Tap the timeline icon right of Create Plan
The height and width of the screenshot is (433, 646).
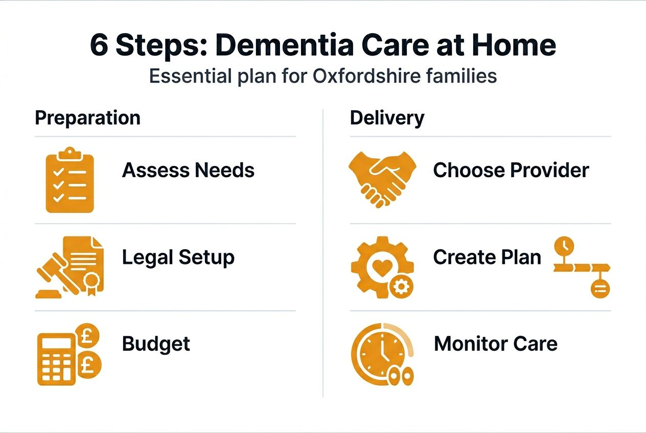582,268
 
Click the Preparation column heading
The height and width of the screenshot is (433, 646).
87,118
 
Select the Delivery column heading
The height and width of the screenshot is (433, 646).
387,118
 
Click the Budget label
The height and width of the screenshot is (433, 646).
156,344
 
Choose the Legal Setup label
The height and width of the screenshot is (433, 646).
178,257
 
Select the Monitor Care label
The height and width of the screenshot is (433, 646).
495,344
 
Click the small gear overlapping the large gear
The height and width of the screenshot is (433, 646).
400,287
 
